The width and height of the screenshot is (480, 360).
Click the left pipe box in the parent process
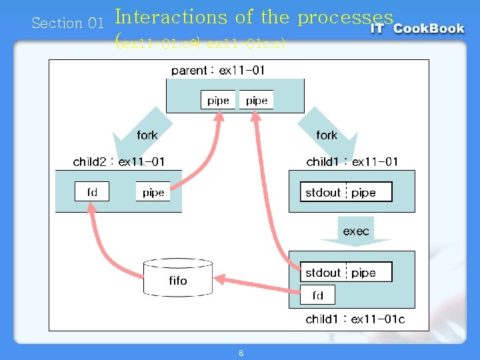[218, 101]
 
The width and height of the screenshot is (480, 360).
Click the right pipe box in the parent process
[257, 101]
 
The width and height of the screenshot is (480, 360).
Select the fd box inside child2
[92, 192]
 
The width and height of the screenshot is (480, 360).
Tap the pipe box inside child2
[153, 192]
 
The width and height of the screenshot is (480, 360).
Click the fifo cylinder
[178, 277]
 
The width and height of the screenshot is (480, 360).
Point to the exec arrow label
[356, 231]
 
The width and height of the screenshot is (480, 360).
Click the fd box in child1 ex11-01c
[317, 295]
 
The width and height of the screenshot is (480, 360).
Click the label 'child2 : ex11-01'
[119, 161]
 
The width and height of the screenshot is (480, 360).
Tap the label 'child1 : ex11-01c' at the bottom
[355, 319]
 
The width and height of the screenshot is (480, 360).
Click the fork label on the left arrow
[147, 135]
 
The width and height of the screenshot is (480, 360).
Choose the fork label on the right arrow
[327, 135]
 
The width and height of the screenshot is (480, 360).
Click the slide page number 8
[241, 353]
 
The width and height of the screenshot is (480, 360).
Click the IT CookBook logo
[418, 28]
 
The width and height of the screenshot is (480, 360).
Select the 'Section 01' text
[67, 23]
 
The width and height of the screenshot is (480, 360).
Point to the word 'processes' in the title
[345, 17]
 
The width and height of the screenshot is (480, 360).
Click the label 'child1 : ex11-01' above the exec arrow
[352, 161]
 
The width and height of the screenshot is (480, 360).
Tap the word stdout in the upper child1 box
[323, 193]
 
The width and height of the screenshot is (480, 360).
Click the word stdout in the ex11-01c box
[323, 273]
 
